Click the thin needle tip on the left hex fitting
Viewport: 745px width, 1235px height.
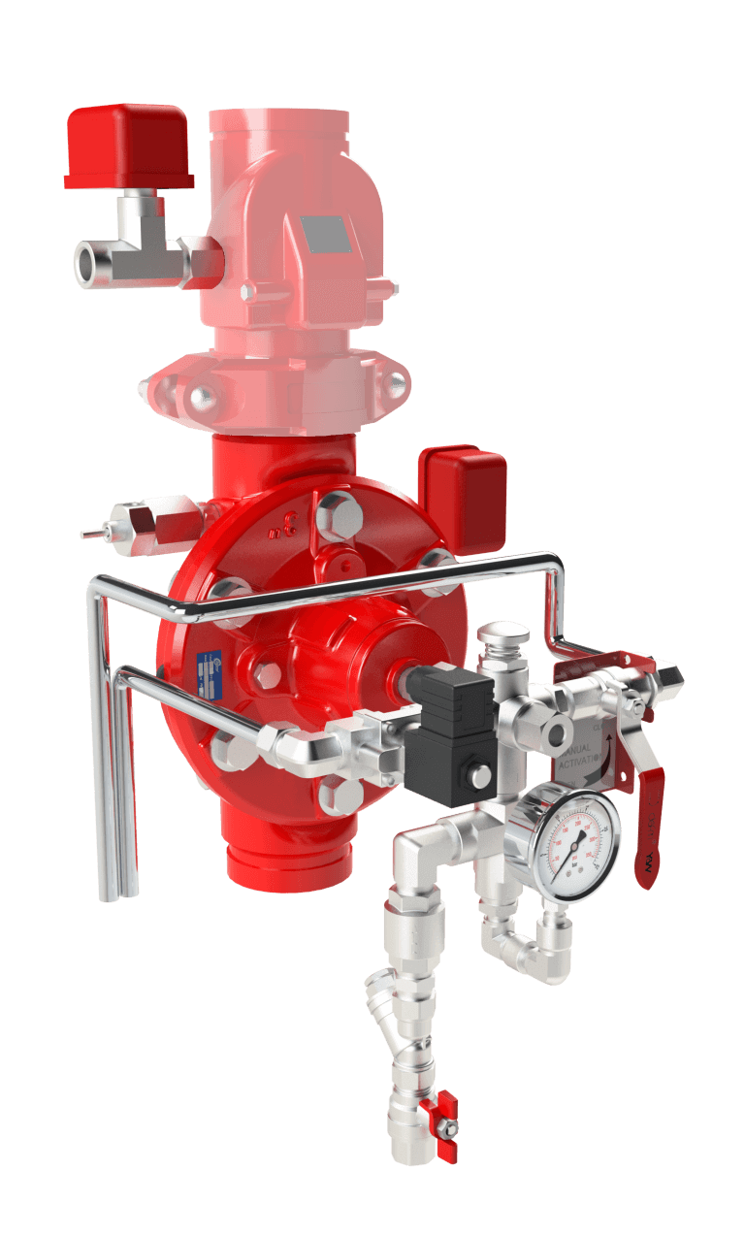[88, 532]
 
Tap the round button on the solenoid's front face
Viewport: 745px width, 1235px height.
[477, 775]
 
